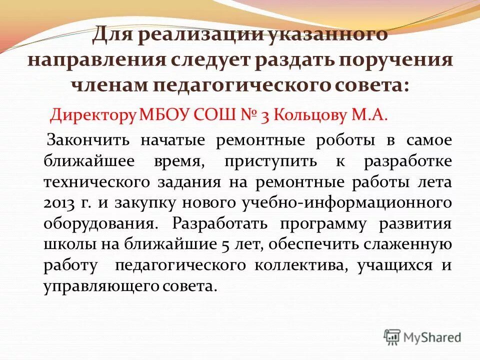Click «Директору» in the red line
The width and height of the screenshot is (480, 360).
(93, 115)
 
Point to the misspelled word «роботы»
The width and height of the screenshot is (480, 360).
(345, 140)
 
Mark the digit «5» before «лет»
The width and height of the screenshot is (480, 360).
(224, 245)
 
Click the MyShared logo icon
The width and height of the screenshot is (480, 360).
(392, 336)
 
